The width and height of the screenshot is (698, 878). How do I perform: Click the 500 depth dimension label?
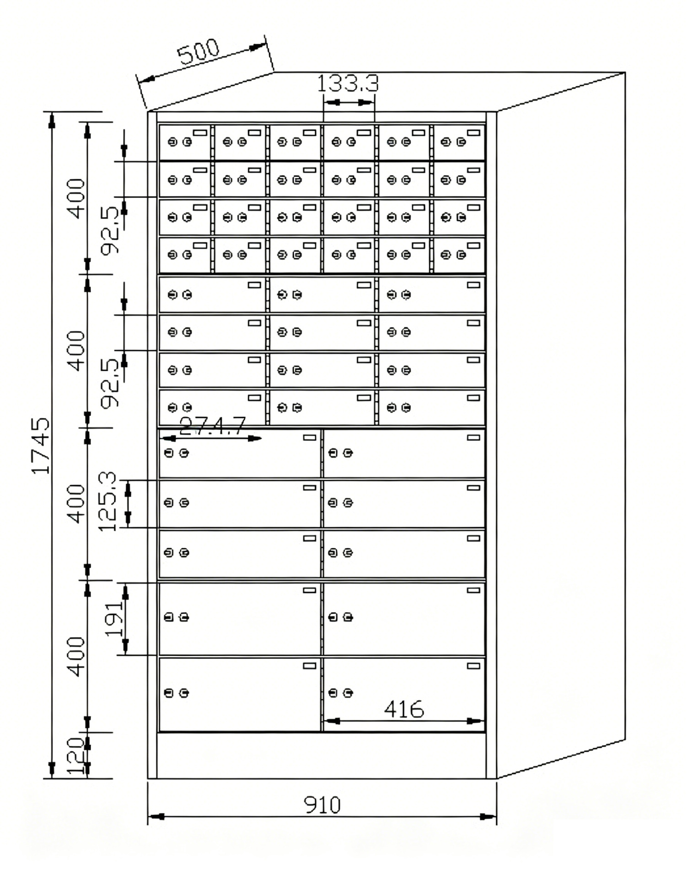point(199,52)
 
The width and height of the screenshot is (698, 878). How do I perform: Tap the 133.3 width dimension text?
point(348,84)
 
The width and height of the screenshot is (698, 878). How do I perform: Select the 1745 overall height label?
point(41,445)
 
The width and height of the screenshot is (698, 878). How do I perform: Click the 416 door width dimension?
point(404,709)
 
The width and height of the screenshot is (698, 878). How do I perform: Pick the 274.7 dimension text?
point(213,426)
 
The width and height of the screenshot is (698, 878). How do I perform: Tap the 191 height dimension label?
point(114,618)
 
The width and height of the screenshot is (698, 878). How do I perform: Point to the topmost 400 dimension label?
point(76,198)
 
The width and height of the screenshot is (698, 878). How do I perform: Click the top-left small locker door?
point(185,142)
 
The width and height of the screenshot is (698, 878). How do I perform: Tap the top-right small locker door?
point(459,142)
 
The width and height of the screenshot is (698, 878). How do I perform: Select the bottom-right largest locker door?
point(404,694)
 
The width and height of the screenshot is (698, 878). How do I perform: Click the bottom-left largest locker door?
point(240,694)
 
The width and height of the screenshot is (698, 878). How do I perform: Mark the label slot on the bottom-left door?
point(310,666)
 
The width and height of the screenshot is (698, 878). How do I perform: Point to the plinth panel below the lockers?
point(321,755)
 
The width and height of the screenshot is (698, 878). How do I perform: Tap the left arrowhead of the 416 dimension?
point(330,721)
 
